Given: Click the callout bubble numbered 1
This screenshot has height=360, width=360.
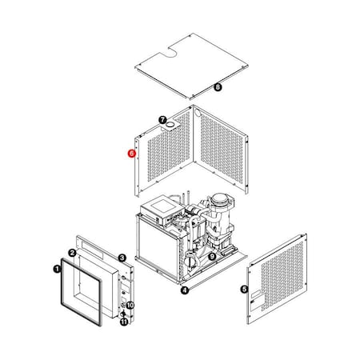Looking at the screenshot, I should pos(56,270).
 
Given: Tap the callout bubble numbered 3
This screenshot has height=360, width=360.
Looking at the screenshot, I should pos(122,258).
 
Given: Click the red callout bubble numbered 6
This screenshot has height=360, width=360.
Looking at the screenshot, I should pos(132,152).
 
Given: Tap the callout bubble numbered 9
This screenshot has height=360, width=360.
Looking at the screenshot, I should pos(212,257).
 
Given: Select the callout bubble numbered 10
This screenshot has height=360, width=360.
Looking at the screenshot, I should pos(130,306).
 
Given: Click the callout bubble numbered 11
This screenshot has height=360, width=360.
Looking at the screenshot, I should pos(124,322).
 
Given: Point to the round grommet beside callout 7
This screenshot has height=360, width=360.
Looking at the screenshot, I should pos(170,126).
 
